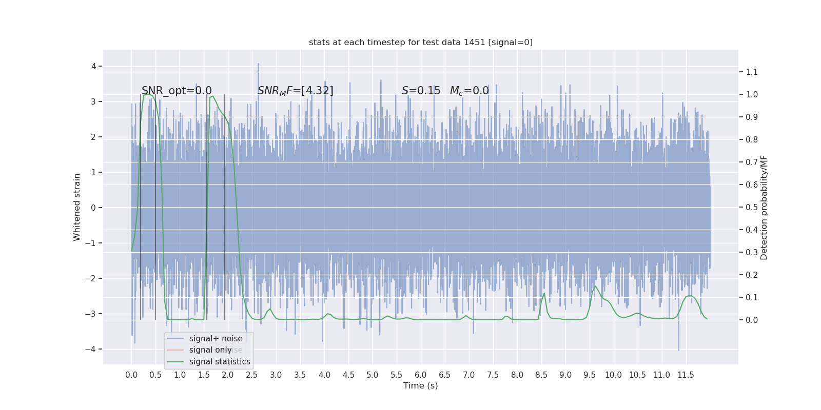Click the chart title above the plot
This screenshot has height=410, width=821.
(421, 43)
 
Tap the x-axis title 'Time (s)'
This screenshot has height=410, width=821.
(421, 386)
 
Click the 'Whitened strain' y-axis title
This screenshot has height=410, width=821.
(77, 207)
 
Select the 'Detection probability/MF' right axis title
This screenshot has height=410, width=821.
(764, 208)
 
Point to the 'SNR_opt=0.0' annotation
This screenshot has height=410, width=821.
(177, 91)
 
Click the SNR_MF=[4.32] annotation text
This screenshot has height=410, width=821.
(296, 91)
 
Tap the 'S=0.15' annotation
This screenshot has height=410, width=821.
(421, 91)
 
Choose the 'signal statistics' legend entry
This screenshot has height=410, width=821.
(220, 362)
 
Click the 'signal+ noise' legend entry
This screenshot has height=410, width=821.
(216, 339)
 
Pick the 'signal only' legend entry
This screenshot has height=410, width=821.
(210, 350)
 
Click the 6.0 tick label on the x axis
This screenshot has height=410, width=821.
(421, 375)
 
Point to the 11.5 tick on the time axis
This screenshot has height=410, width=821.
(686, 375)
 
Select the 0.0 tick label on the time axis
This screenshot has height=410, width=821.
(131, 375)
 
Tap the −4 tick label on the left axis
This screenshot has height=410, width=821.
(93, 349)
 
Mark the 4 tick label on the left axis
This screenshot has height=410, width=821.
(94, 66)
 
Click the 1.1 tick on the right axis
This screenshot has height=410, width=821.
(752, 72)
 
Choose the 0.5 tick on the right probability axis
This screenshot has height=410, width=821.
(752, 207)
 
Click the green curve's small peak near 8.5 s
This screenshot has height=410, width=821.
(544, 294)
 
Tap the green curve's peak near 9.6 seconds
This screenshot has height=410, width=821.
(595, 286)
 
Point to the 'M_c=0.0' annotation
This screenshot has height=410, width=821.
(470, 91)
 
